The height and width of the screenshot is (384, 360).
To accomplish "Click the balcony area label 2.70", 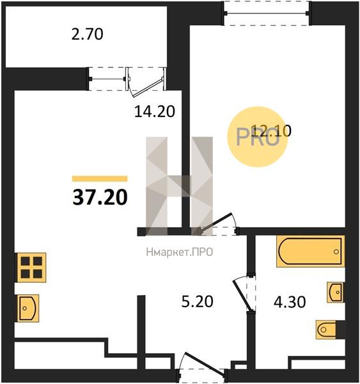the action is coord(88,35).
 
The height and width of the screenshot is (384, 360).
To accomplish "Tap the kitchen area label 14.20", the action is coord(155,111).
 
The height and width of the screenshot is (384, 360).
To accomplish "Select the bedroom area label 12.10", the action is coord(271,131).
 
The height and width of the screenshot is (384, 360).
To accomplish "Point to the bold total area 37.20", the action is coord(100,198).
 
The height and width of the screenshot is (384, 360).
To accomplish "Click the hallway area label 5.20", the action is coord(197,301).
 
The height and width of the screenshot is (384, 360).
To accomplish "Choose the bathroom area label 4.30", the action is coord(290,302).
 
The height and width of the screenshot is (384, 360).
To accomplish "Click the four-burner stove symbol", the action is coord(31,268).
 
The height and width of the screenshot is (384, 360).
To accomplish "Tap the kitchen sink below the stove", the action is coord(28,308).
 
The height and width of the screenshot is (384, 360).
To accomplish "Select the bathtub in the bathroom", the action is coord(311,251).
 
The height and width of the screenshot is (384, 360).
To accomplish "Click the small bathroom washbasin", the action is coord(335,292).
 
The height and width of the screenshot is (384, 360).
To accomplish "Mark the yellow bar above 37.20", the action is coord(100,179).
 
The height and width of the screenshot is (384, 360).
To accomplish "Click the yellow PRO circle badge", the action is coord(257,137).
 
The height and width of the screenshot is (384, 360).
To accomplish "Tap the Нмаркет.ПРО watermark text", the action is coord(180,252).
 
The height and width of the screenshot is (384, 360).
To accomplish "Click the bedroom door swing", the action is coord(219,224).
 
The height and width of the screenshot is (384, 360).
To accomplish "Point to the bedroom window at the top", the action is coord(267,13).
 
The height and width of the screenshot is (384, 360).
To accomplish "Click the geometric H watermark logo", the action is coord(180,186).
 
